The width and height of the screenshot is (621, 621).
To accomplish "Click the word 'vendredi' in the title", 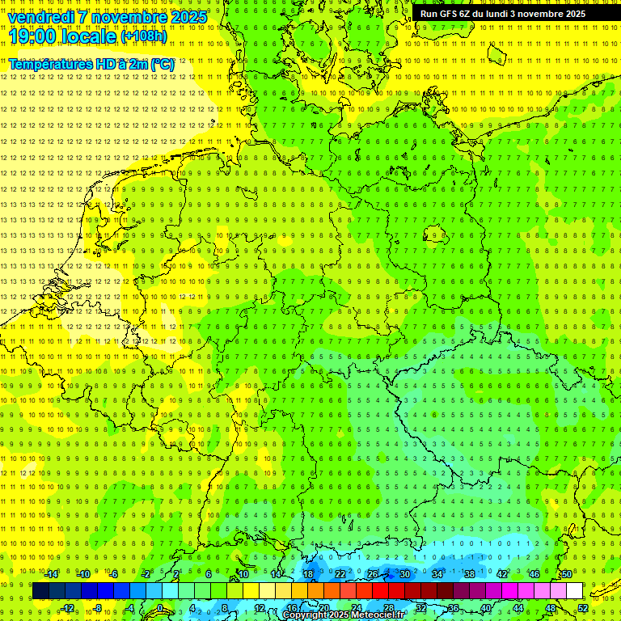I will [x=41, y=17].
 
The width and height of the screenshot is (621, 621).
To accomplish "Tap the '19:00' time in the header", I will [x=32, y=36].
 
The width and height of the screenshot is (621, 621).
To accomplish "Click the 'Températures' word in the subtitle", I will [x=53, y=64].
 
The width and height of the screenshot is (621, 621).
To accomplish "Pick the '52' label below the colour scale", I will [x=583, y=608].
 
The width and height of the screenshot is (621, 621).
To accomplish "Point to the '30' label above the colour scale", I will [x=404, y=574].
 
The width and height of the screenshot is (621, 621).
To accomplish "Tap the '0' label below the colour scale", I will [x=160, y=608].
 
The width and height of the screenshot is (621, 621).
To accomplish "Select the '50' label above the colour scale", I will [x=567, y=574].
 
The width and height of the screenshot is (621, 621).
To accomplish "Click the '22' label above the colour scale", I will [x=340, y=574].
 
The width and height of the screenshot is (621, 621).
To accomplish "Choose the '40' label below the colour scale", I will [x=486, y=608].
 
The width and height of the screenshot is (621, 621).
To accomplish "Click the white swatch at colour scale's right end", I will [x=575, y=591].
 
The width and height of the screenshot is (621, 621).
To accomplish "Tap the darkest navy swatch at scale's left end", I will [x=40, y=591].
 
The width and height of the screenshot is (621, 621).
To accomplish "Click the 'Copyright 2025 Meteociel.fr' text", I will [x=343, y=615].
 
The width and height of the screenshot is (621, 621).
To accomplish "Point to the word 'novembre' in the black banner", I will [x=542, y=14].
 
